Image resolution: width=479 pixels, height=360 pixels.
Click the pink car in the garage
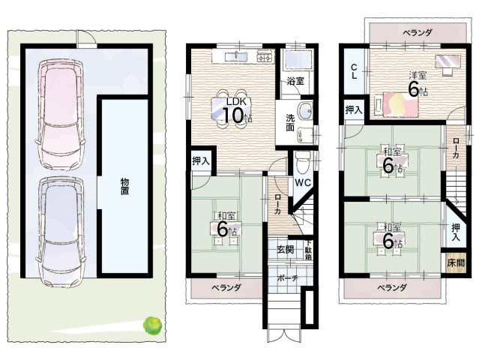(x=60, y=115)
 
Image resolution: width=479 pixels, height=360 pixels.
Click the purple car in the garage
(x=61, y=232)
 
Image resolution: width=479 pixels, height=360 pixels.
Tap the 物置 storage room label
(x=124, y=186)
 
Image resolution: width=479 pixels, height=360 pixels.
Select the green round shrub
(x=152, y=325)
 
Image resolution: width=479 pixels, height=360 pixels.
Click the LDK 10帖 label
(x=237, y=110)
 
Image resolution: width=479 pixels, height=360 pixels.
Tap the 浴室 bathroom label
(x=295, y=81)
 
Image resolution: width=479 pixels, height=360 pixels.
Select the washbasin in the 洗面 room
(x=304, y=111)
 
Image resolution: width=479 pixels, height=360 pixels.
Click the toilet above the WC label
(x=303, y=162)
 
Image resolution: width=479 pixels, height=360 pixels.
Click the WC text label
(x=303, y=183)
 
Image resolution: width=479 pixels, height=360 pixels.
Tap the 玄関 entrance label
(x=286, y=249)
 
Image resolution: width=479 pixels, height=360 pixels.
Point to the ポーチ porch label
(x=287, y=278)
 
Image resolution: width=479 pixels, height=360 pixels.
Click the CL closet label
(x=354, y=72)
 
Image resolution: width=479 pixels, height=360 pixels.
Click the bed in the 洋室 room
(x=397, y=104)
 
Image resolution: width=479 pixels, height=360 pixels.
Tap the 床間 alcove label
(x=456, y=262)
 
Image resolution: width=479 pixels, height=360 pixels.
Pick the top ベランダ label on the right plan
(x=418, y=33)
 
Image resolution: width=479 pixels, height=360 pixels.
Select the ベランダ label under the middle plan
(x=226, y=287)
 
